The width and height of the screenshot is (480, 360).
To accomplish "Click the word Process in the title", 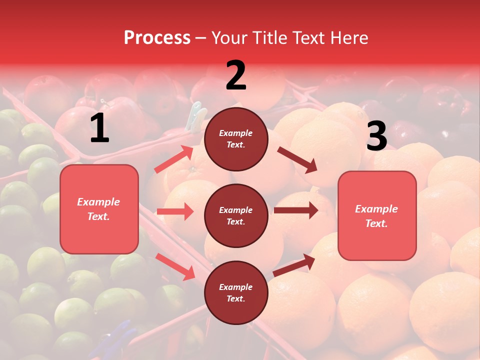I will click(157, 38).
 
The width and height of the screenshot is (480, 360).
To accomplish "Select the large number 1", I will click(99, 128).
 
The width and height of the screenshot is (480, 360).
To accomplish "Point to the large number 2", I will click(236, 75).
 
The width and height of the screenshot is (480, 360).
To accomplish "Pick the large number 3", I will click(376, 136).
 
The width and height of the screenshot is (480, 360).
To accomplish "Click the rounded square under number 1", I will click(99, 209).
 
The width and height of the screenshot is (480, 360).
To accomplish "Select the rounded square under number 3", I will click(377, 215).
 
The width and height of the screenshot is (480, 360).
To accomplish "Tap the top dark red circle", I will click(236, 139).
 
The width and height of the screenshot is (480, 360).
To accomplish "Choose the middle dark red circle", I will click(236, 215).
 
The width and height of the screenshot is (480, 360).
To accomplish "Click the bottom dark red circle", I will click(236, 292).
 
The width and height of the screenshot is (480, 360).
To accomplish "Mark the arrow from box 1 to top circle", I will click(174, 159).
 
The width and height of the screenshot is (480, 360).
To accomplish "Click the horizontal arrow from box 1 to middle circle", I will click(175, 211).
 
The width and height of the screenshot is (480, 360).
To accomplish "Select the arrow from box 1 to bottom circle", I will click(175, 266).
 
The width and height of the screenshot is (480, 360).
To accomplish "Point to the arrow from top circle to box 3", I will click(297, 159).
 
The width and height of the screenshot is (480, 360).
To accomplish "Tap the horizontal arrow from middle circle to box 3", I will click(295, 210).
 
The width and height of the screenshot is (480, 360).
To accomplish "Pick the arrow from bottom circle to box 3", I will click(294, 265).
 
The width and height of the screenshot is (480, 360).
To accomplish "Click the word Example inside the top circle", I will click(236, 133).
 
